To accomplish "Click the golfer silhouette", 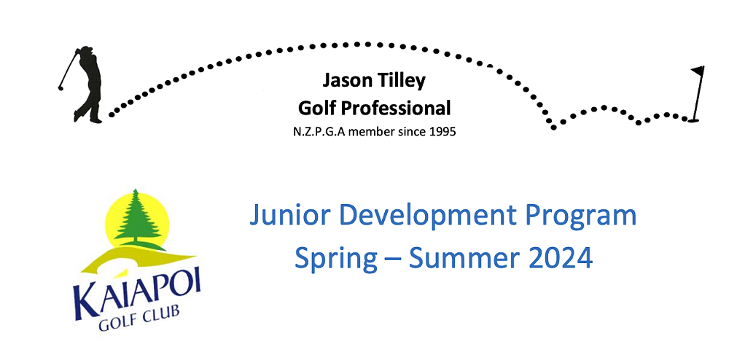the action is coord(87,85).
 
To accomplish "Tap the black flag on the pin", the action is coord(698,71).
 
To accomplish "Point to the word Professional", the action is coord(395,109).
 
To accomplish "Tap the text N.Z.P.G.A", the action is coord(320,132).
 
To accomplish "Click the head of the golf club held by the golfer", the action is coord(61,87).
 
